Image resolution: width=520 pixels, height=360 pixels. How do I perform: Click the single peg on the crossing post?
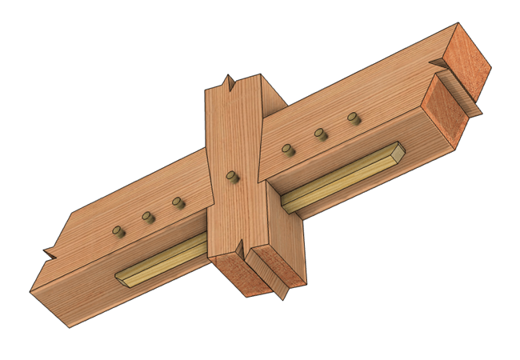[231, 176]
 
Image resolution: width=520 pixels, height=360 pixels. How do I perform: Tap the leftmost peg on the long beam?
[118, 231]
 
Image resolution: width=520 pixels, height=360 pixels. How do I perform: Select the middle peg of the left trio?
[147, 216]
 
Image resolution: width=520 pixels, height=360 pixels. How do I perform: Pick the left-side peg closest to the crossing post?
[178, 203]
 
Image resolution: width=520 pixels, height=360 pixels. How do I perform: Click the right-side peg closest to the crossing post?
[287, 149]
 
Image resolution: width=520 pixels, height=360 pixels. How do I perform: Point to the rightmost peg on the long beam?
[352, 118]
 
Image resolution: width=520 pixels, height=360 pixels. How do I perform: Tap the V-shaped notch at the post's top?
[230, 82]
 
